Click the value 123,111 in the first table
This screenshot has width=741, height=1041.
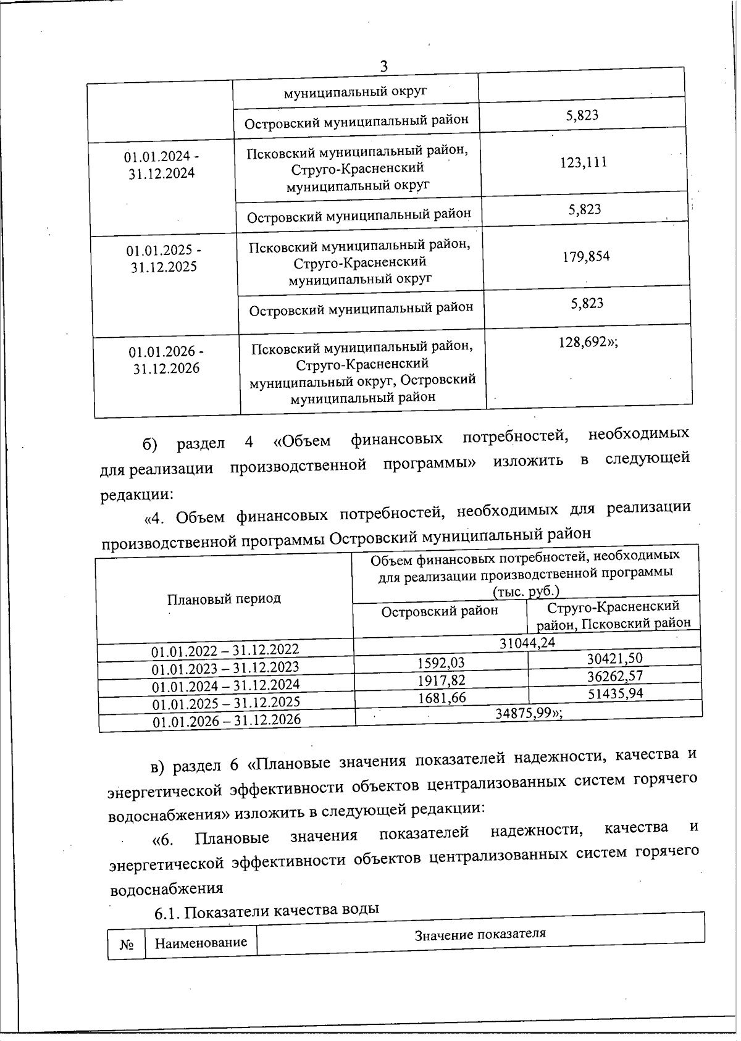point(584,162)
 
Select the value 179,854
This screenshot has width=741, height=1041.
point(585,257)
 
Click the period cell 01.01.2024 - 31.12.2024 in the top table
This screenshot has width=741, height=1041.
point(162,165)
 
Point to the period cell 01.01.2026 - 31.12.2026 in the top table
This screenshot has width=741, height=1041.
point(166,361)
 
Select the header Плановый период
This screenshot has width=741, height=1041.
point(224,598)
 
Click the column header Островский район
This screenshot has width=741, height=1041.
point(440,611)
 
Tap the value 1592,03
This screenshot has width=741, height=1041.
point(441,663)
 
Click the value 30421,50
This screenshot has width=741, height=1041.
point(614,659)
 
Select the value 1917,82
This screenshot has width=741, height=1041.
point(442,680)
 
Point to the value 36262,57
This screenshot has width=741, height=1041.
point(615,676)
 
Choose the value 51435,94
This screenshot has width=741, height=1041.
point(615,693)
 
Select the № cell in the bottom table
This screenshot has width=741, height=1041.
point(127,945)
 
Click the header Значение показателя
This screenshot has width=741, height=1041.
point(480,934)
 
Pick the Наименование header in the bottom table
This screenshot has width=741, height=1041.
point(201,943)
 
